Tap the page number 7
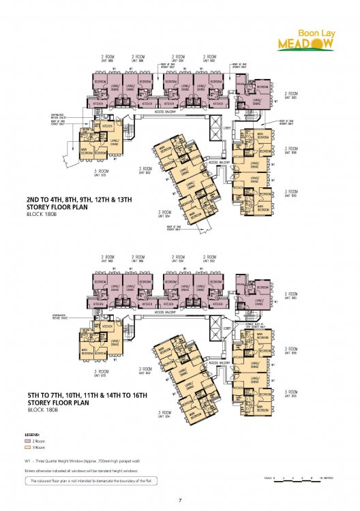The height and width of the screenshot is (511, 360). point(180,501)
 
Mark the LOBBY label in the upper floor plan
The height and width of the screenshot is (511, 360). point(227,127)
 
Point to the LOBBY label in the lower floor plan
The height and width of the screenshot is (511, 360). point(227,327)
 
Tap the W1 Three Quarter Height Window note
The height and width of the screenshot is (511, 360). point(89,461)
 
